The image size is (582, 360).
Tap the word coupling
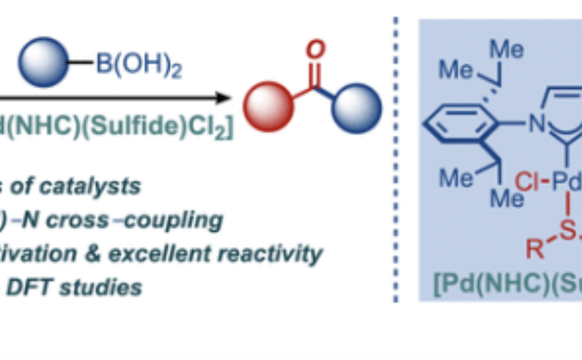pyautogui.click(x=183, y=220)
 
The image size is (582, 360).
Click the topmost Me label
pyautogui.click(x=507, y=50)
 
